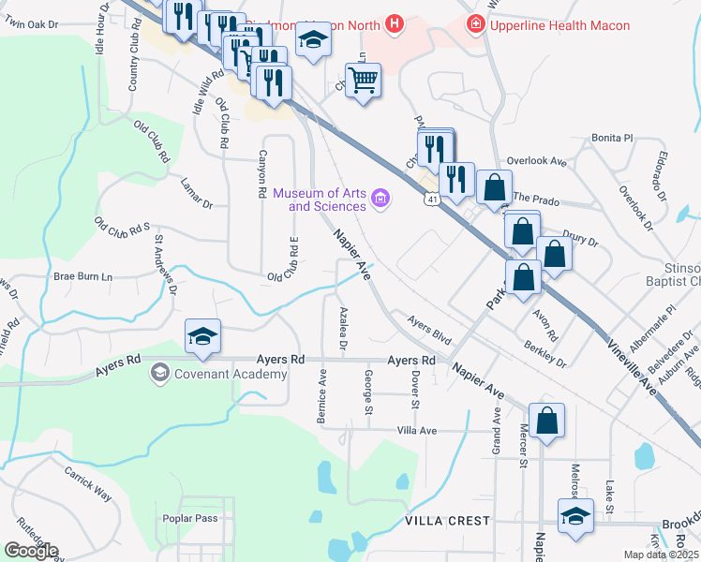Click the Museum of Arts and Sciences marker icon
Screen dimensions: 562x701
click(x=380, y=198)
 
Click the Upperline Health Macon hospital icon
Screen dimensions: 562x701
click(x=476, y=22)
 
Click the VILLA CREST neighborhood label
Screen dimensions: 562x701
click(x=447, y=520)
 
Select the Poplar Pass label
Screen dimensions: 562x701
click(x=189, y=518)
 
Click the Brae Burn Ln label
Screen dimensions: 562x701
click(x=82, y=276)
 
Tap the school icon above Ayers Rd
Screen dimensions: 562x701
click(x=201, y=336)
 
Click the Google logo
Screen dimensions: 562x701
click(x=31, y=551)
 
